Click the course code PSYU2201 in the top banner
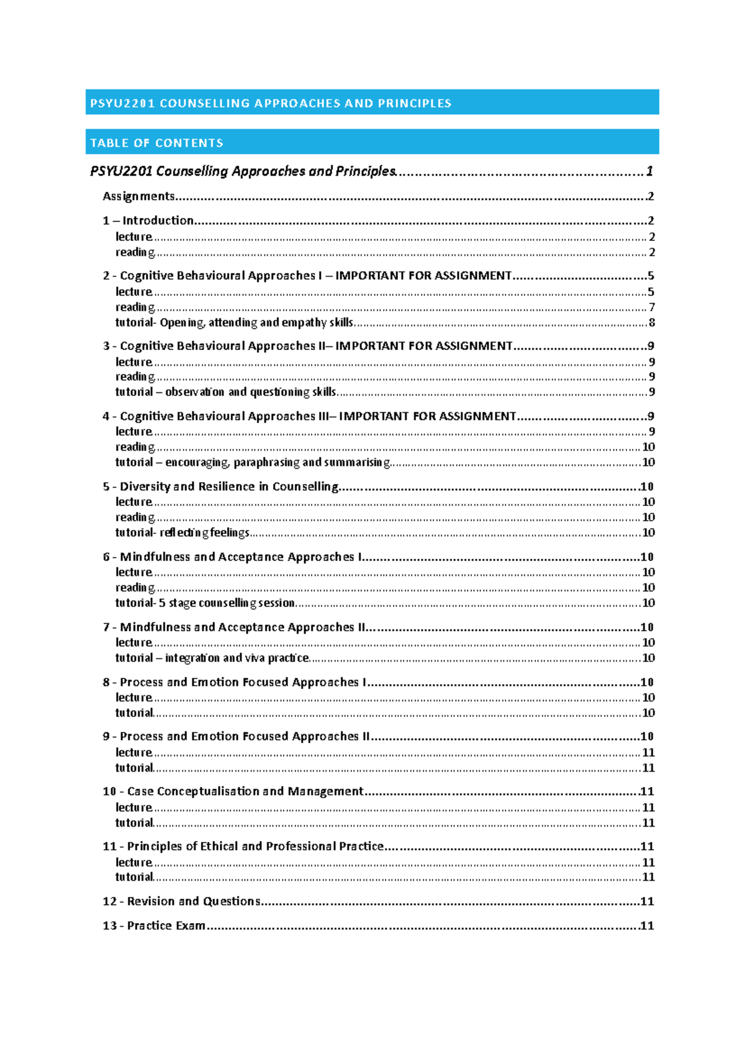(x=122, y=104)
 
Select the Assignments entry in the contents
(x=138, y=196)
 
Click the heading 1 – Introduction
(x=148, y=220)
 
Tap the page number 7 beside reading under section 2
(x=651, y=307)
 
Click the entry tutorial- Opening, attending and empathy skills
(x=234, y=322)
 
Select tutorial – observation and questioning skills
(x=226, y=392)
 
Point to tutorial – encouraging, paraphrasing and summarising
(x=252, y=462)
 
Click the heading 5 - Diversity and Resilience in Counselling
(x=220, y=487)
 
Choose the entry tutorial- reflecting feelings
(x=183, y=533)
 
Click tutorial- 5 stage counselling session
(x=205, y=603)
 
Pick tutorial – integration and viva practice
(x=212, y=658)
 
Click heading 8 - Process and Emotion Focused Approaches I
(x=235, y=682)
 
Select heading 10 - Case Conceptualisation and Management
(x=233, y=791)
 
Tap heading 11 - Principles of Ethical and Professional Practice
(x=243, y=846)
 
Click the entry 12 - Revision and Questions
(x=181, y=901)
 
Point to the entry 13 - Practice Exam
(x=154, y=926)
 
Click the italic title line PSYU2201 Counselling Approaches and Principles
(x=242, y=171)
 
